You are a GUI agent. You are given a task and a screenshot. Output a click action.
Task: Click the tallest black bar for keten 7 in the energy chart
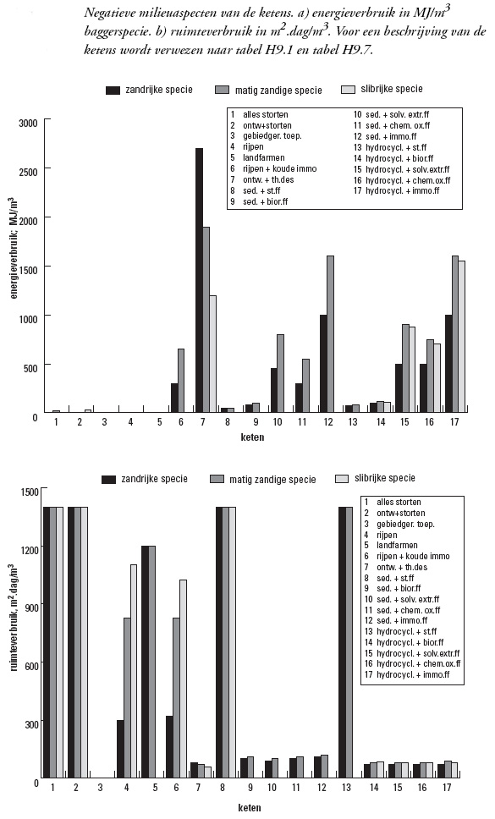pyautogui.click(x=199, y=281)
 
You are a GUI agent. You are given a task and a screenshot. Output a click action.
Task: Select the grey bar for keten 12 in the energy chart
pyautogui.click(x=330, y=334)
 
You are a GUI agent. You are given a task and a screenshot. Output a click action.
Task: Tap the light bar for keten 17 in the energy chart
pyautogui.click(x=462, y=337)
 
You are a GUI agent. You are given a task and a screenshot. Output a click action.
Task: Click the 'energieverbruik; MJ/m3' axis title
pyautogui.click(x=14, y=248)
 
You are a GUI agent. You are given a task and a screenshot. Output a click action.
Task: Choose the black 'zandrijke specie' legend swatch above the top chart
pyautogui.click(x=113, y=91)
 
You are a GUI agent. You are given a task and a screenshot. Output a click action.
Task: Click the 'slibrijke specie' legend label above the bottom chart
pyautogui.click(x=385, y=478)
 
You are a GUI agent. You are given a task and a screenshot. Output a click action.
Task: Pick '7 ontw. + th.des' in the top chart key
pyautogui.click(x=262, y=179)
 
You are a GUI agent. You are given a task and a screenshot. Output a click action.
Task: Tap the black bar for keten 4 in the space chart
pyautogui.click(x=120, y=749)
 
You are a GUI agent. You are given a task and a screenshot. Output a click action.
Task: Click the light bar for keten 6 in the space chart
pyautogui.click(x=184, y=679)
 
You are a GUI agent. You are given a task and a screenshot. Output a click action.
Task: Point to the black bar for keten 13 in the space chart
pyautogui.click(x=342, y=642)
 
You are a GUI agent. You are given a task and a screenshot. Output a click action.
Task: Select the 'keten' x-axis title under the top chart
pyautogui.click(x=252, y=437)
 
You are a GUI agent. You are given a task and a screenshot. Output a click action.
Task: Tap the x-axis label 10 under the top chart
pyautogui.click(x=277, y=422)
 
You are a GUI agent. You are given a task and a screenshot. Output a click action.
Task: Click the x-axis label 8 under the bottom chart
pyautogui.click(x=223, y=787)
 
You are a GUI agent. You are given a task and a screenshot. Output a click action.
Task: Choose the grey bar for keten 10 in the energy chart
pyautogui.click(x=280, y=373)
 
